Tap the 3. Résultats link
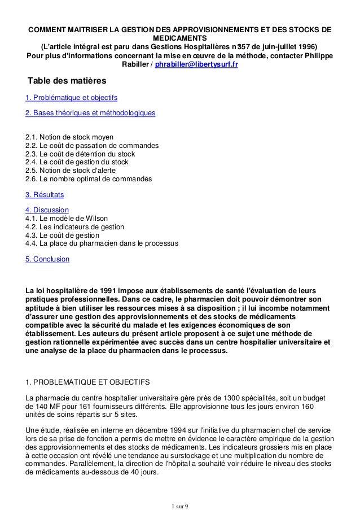click(x=45, y=195)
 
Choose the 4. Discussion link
click(x=47, y=210)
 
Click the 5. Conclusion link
click(x=48, y=259)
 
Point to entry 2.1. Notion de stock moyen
click(x=70, y=137)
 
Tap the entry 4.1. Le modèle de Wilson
click(x=67, y=219)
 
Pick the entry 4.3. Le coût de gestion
click(x=63, y=235)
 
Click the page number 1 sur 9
click(x=180, y=504)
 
